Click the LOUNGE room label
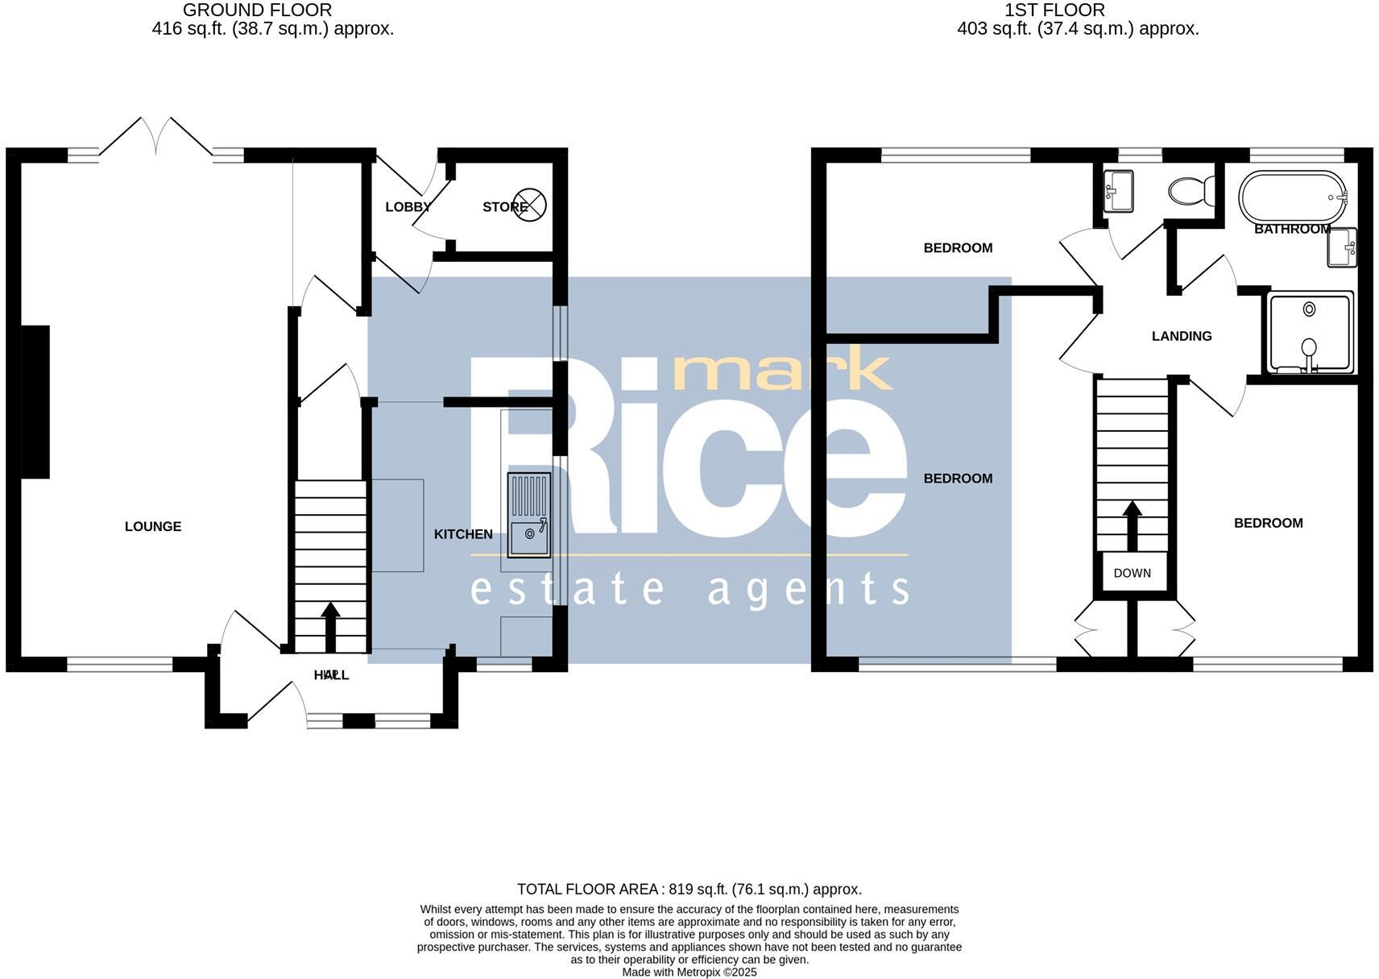[153, 526]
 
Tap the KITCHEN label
[463, 534]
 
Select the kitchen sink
[528, 516]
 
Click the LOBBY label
[408, 207]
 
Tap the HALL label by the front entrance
[331, 674]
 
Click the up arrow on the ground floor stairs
[330, 625]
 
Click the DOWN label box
[1133, 573]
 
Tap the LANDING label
[1181, 336]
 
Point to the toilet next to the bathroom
[1191, 191]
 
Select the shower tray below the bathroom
[1310, 333]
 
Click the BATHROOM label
[1291, 229]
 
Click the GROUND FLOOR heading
[257, 10]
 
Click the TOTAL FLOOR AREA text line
[689, 890]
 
